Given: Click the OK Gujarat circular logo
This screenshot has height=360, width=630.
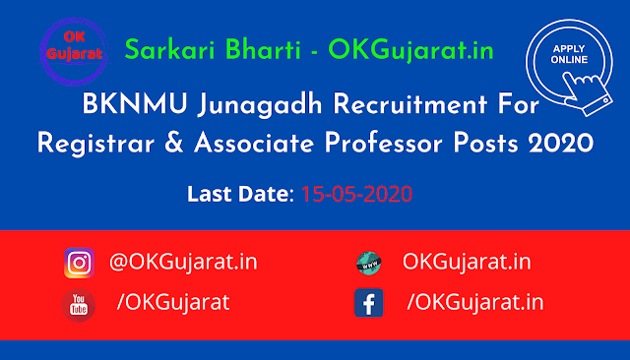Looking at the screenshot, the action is [75, 51].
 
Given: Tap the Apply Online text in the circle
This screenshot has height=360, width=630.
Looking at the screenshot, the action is [569, 54].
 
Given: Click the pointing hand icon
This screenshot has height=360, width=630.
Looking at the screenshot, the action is [587, 93].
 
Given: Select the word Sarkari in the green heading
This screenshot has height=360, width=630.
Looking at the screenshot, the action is [170, 50].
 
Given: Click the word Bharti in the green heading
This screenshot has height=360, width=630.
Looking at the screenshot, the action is [263, 50].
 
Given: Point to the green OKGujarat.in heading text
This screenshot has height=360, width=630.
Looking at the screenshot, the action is [410, 51].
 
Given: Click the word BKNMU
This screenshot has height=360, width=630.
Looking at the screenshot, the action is [135, 104].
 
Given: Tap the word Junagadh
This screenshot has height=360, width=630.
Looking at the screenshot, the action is [260, 105].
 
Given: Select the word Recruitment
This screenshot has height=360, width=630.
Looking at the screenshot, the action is [410, 104].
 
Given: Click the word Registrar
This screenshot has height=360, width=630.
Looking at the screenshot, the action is [95, 144].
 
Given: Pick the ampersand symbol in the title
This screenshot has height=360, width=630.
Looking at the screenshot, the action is [174, 144].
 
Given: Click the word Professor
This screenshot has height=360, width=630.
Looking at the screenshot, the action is [384, 144].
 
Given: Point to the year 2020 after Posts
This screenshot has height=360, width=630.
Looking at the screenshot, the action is [561, 144].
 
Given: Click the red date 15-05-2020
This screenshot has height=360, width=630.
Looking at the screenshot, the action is [356, 194].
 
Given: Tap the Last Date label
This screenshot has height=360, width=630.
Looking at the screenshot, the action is [240, 194].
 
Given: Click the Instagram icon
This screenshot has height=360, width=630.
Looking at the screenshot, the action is [79, 263].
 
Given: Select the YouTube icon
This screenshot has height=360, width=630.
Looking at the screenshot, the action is [79, 305].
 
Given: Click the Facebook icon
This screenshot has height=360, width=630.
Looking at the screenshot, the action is [368, 303].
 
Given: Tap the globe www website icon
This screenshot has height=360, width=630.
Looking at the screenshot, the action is [368, 264].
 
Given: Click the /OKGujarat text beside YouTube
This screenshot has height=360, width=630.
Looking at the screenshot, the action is [173, 302].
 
